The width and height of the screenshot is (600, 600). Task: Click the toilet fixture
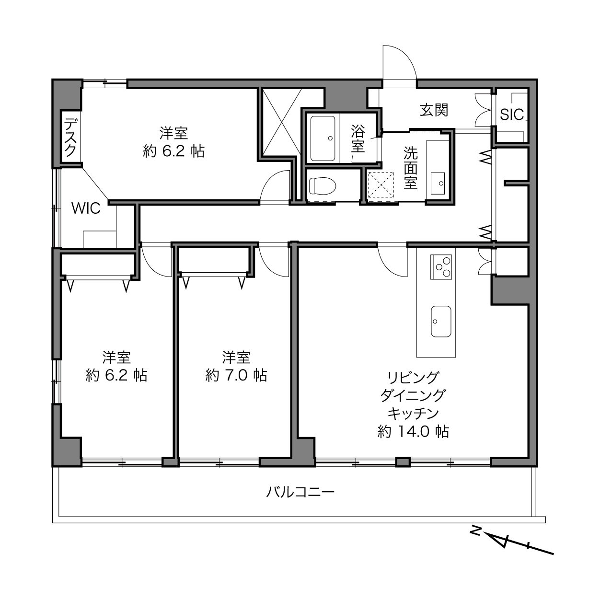pos(323,186)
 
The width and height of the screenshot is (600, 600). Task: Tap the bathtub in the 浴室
pos(323,138)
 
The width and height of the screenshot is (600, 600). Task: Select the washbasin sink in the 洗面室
pos(438,184)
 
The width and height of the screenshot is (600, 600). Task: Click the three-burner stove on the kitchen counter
pos(441,267)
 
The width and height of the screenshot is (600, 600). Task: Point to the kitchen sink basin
pos(441,322)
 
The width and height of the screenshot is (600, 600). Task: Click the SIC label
pos(511,115)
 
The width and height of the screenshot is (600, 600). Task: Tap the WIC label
pos(86,208)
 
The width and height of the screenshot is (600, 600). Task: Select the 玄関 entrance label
pos(434,110)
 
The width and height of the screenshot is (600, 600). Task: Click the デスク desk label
pos(70,137)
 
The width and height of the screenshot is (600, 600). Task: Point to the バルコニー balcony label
pos(300,492)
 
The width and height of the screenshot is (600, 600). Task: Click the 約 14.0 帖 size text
pos(413,432)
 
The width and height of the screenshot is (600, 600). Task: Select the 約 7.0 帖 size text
pos(236,375)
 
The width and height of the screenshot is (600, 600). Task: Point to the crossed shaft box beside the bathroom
pos(281,122)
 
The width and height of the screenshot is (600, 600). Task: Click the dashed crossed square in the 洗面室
pos(381,185)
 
